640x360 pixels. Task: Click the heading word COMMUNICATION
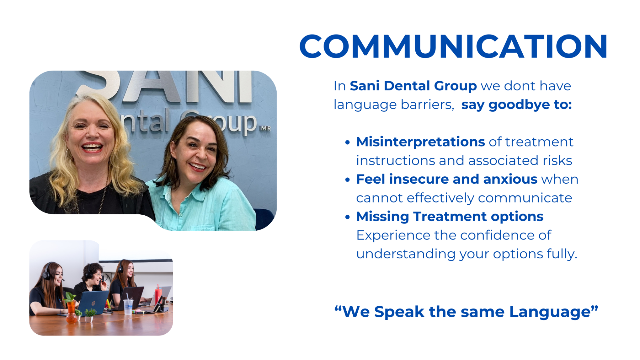[x=453, y=47]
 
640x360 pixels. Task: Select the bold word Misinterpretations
[x=420, y=142]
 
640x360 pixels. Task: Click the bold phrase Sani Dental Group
[x=413, y=86]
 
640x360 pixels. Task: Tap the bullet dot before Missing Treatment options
[x=347, y=217]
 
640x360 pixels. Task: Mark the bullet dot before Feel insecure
[x=347, y=180]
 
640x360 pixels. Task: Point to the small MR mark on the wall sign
[x=266, y=128]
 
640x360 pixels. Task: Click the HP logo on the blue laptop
[x=94, y=303]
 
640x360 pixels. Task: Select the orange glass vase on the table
[x=71, y=311]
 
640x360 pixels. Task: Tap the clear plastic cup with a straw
[x=128, y=307]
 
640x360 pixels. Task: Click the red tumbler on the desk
[x=158, y=295]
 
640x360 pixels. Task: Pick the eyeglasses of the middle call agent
[x=97, y=275]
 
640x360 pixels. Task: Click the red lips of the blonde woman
[x=92, y=147]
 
